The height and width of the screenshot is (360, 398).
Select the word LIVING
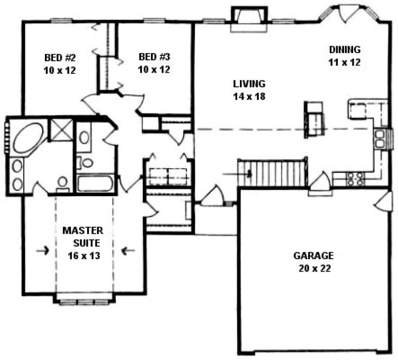coord(249,84)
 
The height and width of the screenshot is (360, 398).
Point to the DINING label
coord(344,50)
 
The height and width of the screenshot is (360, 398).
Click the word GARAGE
coord(314,255)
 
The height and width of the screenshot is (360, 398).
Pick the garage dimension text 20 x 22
coord(314,267)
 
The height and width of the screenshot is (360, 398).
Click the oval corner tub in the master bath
coord(29,138)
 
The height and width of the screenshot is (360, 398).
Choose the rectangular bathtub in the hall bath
coord(95,183)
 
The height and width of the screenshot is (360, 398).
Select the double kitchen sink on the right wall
coord(381,139)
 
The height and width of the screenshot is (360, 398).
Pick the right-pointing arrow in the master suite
coord(43,250)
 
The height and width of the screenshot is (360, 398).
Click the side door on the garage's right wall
coord(383,202)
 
